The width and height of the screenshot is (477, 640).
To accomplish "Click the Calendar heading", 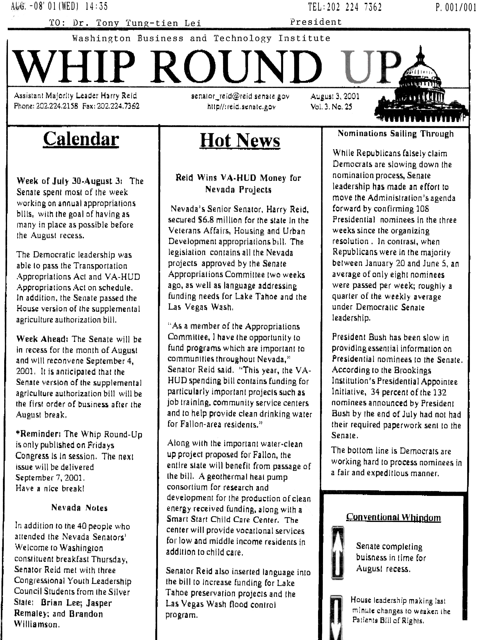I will pyautogui.click(x=81, y=139).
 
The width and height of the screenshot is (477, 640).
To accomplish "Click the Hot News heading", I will pyautogui.click(x=240, y=140).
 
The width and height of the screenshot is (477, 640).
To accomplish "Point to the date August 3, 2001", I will pyautogui.click(x=335, y=96).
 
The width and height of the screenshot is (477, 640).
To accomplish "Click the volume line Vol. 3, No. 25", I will pyautogui.click(x=331, y=107).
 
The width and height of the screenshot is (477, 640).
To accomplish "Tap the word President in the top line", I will pyautogui.click(x=316, y=22).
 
